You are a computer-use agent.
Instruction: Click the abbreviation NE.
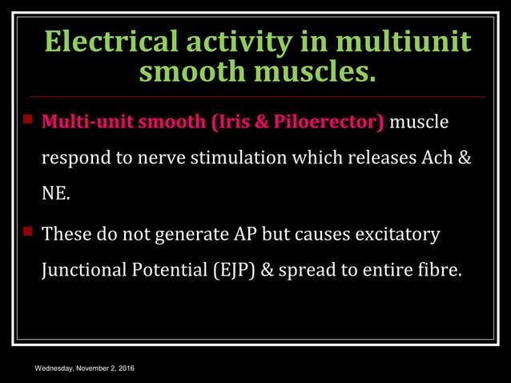pyautogui.click(x=55, y=195)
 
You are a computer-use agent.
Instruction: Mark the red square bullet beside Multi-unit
pyautogui.click(x=27, y=121)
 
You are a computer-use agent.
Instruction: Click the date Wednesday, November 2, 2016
pyautogui.click(x=83, y=368)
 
